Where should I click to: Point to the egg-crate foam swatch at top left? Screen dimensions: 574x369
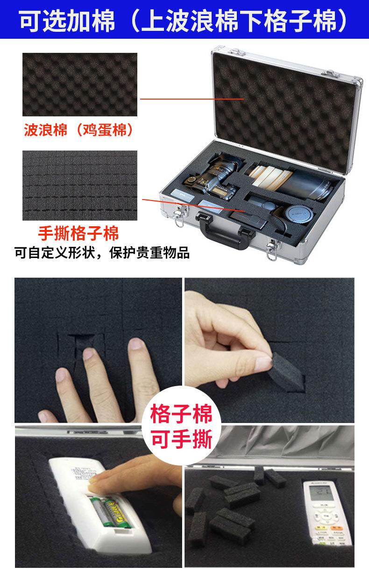coord(80,85)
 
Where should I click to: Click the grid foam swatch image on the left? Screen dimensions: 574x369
coord(80,186)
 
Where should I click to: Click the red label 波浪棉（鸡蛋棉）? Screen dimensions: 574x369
coord(79,130)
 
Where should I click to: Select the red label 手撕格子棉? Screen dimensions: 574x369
coord(78,232)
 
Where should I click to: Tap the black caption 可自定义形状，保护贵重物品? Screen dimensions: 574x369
coord(102,253)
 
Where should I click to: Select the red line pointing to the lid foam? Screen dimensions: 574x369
coord(192,99)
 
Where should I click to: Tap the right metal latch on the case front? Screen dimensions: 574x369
coord(271,247)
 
